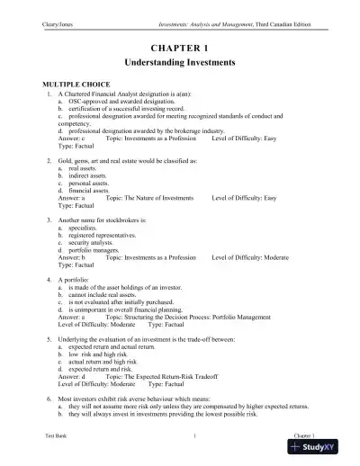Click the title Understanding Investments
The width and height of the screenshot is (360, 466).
click(x=180, y=64)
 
